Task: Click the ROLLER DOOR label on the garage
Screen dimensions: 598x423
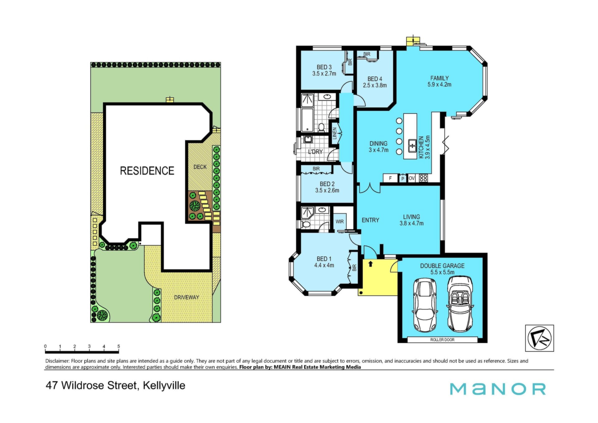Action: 442,339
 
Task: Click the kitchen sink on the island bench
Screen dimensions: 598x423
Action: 412,146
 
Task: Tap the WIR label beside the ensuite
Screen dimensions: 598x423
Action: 339,222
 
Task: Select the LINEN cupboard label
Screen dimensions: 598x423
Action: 335,133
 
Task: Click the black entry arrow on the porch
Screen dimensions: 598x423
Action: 370,264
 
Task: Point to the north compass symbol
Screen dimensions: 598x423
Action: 539,338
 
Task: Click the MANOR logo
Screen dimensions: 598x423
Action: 498,389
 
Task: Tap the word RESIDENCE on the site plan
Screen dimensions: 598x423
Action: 147,171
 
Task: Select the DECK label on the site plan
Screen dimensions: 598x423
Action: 200,167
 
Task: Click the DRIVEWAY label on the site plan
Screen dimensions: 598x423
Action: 186,297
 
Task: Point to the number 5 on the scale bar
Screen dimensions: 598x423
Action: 118,346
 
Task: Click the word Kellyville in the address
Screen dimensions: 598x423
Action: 164,385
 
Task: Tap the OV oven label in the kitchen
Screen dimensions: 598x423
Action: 411,178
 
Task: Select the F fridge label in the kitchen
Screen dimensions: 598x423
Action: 390,178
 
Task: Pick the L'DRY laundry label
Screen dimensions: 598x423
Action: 315,151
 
